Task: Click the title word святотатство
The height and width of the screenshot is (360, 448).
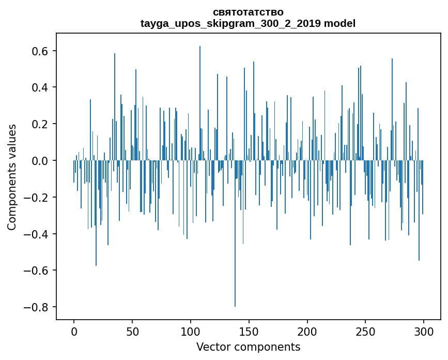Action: point(248,12)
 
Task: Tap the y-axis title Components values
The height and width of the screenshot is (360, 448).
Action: point(12,177)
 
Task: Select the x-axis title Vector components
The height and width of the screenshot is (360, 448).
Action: point(248,347)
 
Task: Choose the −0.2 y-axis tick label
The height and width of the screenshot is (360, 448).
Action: point(37,198)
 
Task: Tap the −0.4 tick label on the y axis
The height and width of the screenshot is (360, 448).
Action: point(37,234)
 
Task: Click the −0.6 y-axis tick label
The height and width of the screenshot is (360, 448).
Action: point(37,271)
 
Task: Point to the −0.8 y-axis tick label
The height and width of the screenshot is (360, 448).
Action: point(37,307)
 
